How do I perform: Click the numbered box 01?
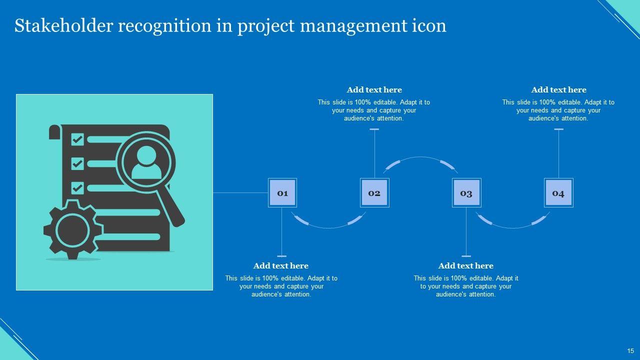[x=282, y=193]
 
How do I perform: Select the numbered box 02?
[x=374, y=193]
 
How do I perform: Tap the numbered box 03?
[x=466, y=193]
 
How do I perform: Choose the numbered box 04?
[x=558, y=193]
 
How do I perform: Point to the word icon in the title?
[x=429, y=26]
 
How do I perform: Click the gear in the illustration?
[x=73, y=230]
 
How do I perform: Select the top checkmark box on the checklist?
[x=77, y=139]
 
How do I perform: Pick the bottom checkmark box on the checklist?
[x=77, y=188]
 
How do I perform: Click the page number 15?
[x=630, y=350]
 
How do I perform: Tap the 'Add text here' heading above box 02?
[x=374, y=90]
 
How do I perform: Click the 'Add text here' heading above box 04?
[x=558, y=90]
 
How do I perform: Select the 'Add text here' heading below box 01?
[x=281, y=266]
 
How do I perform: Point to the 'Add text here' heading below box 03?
[x=466, y=266]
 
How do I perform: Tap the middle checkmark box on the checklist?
[x=77, y=163]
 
